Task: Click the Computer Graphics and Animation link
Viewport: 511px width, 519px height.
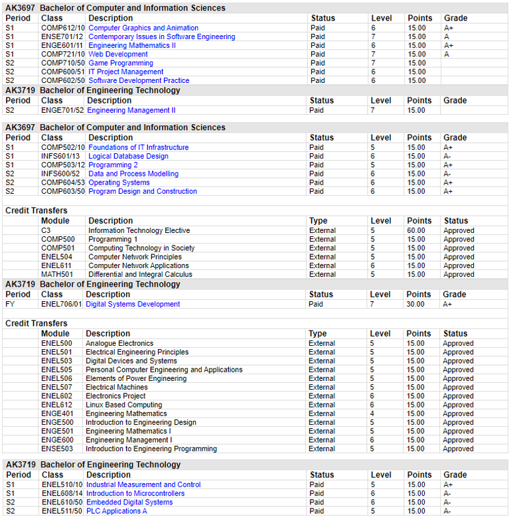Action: (143, 28)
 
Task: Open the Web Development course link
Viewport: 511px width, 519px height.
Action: (118, 54)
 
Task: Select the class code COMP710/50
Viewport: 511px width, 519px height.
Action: (63, 63)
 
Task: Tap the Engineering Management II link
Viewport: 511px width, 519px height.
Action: (131, 110)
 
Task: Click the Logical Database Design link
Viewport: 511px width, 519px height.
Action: (128, 156)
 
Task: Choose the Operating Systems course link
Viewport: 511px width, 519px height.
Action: (119, 183)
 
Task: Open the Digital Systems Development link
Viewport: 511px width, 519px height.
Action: (133, 304)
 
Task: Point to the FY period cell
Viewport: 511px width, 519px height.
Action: (10, 304)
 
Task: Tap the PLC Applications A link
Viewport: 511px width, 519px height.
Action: (117, 511)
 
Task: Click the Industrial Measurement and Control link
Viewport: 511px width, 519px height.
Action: (143, 484)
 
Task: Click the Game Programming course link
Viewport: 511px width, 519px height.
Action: (121, 63)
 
